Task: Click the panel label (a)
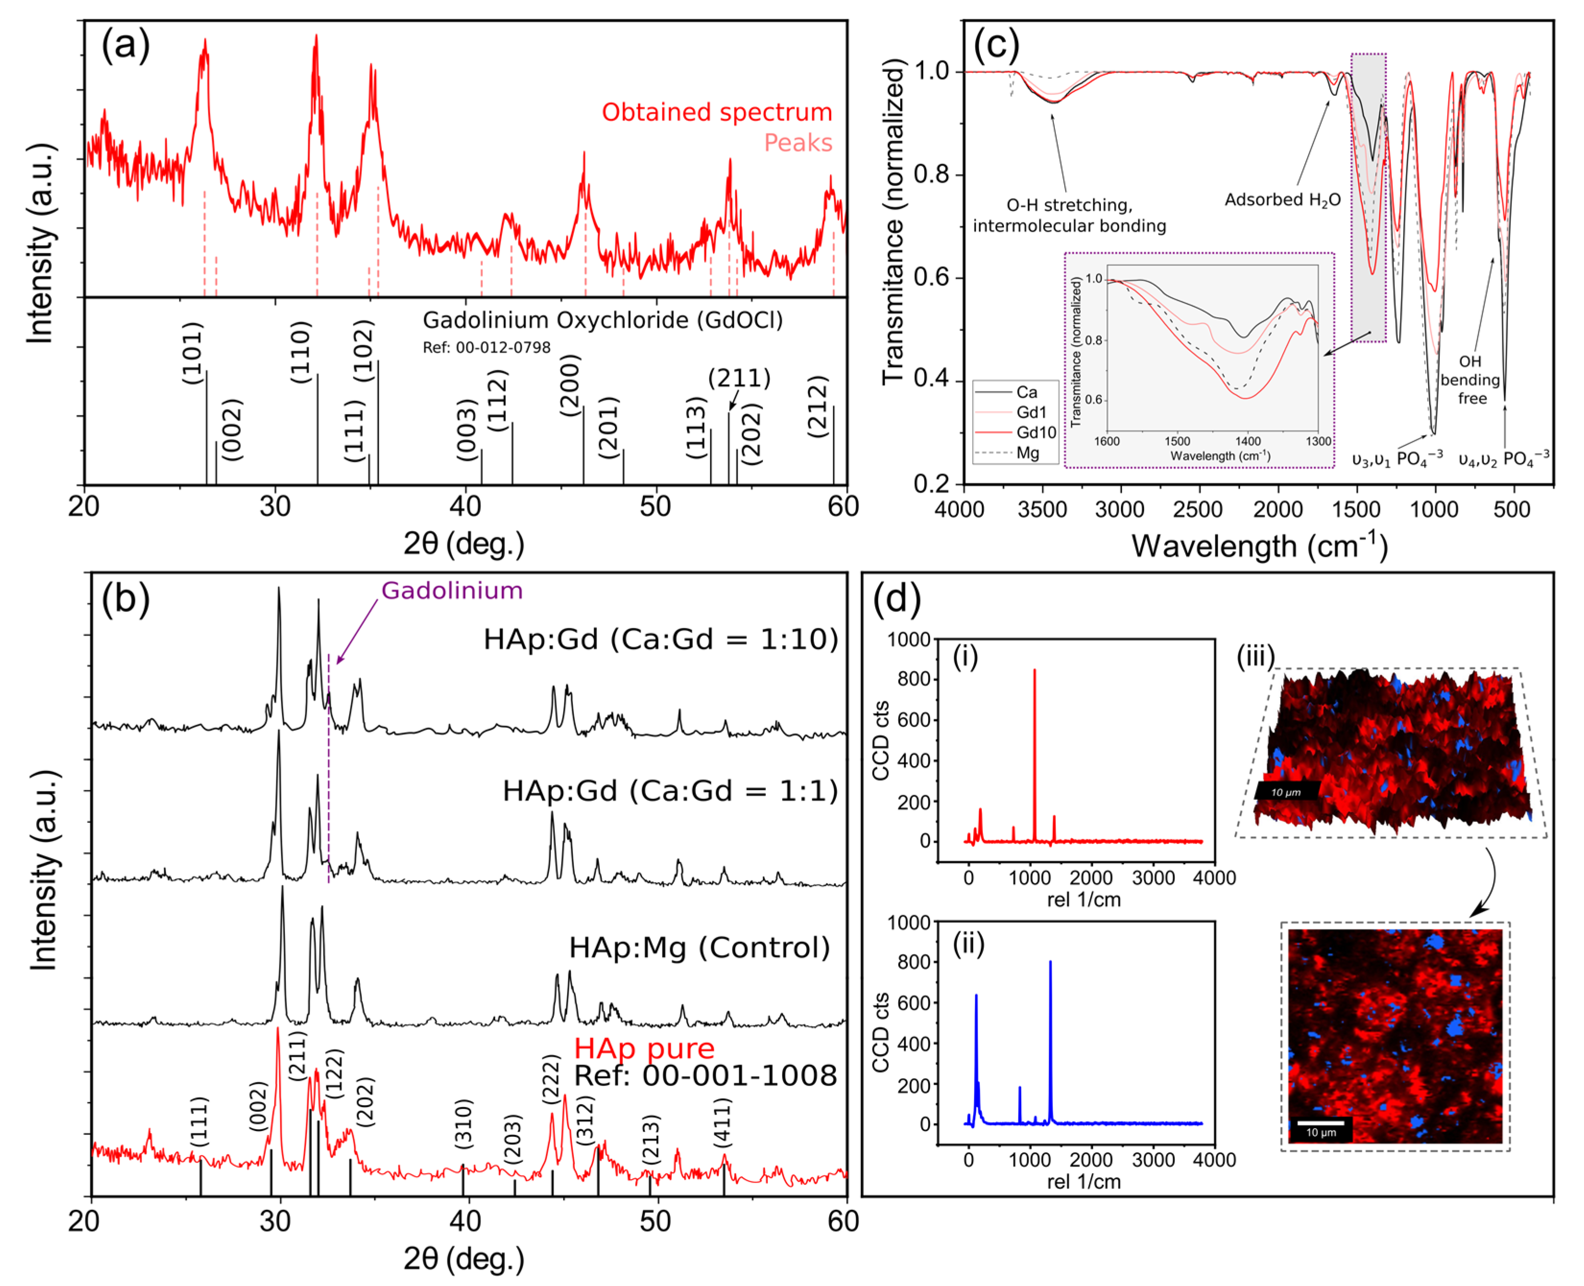pyautogui.click(x=125, y=46)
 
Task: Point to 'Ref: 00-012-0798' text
pyautogui.click(x=486, y=347)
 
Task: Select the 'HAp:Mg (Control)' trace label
pyautogui.click(x=699, y=947)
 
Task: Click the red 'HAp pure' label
pyautogui.click(x=644, y=1048)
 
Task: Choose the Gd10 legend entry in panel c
pyautogui.click(x=1035, y=432)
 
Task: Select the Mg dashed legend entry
pyautogui.click(x=1027, y=453)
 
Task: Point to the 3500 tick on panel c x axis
pyautogui.click(x=1042, y=510)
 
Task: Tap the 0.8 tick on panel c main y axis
pyautogui.click(x=930, y=175)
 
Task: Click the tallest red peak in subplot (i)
pyautogui.click(x=1034, y=671)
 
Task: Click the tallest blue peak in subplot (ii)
pyautogui.click(x=1050, y=963)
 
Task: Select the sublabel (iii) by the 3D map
pyautogui.click(x=1255, y=656)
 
